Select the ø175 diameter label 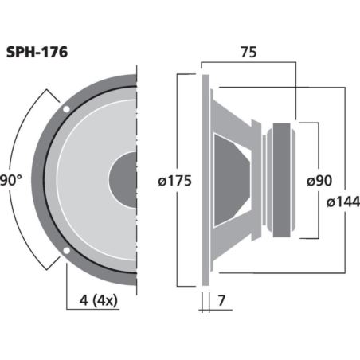175,181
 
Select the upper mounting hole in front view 67,108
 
